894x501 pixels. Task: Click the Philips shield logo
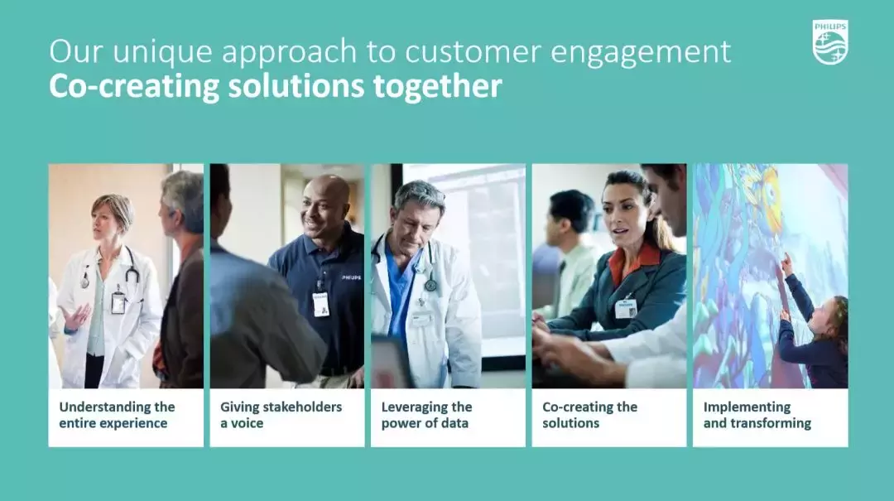point(830,42)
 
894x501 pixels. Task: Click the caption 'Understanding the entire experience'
point(117,415)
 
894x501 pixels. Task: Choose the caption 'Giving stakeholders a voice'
point(281,415)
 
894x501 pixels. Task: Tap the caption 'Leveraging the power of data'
point(426,415)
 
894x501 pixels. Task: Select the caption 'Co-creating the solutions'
point(589,415)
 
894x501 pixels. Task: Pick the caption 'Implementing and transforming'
point(757,415)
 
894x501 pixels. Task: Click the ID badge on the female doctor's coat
point(118,302)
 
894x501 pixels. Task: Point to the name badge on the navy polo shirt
point(321,304)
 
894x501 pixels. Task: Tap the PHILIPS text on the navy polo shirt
point(351,278)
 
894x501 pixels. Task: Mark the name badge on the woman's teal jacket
point(626,308)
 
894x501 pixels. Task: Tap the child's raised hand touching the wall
point(787,263)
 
